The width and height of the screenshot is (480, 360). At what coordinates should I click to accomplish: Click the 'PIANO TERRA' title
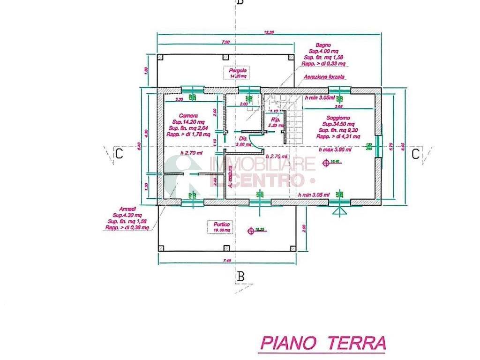click(322, 343)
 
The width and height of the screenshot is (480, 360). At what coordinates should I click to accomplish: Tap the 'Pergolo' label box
click(235, 73)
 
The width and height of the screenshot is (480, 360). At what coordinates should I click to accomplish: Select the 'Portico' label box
click(220, 227)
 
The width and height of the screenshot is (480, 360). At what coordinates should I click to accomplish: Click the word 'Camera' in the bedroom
click(187, 115)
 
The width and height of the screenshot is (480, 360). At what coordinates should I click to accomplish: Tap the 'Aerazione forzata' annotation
click(324, 76)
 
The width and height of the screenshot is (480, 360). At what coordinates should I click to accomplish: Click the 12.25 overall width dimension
click(269, 32)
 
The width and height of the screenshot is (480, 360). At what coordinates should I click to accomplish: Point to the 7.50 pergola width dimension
click(225, 42)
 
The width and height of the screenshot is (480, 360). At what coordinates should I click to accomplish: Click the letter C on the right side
click(415, 154)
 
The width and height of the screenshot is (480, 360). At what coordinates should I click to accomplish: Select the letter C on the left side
click(119, 154)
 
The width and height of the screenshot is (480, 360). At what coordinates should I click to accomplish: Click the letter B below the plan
click(241, 277)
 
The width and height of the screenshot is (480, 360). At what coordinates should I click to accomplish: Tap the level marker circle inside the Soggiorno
click(326, 162)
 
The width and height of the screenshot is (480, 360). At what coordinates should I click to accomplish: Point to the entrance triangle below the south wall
click(337, 211)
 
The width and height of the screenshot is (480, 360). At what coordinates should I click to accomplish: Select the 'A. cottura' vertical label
click(230, 179)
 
